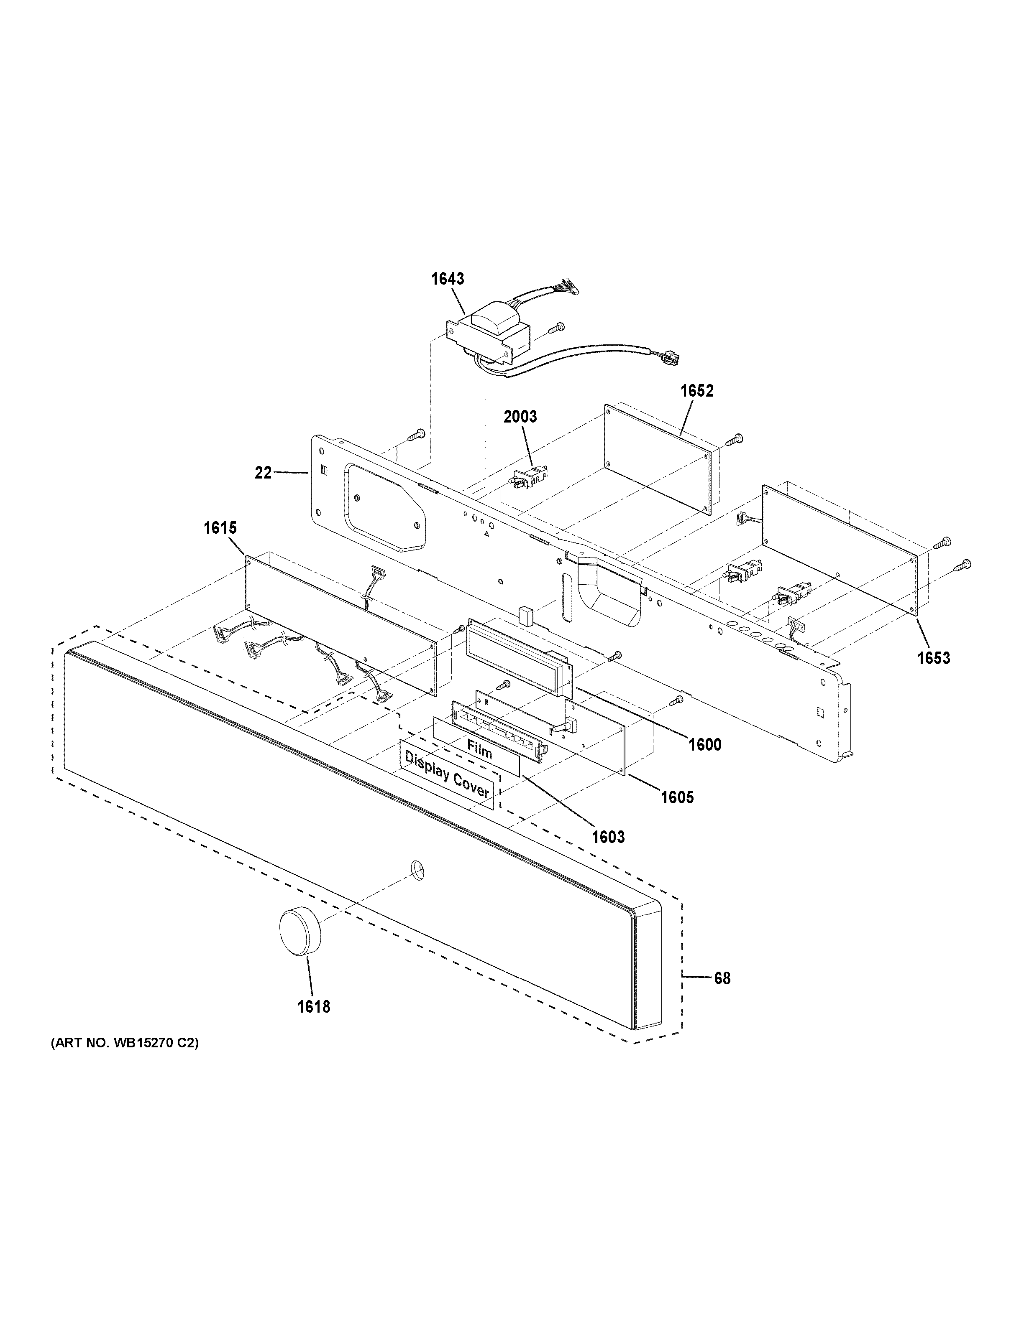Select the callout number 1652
pos(697,391)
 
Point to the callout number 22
pos(263,473)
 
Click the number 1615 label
pos(220,528)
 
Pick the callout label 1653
pos(934,658)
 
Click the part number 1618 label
pos(314,1007)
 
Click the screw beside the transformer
pos(556,328)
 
